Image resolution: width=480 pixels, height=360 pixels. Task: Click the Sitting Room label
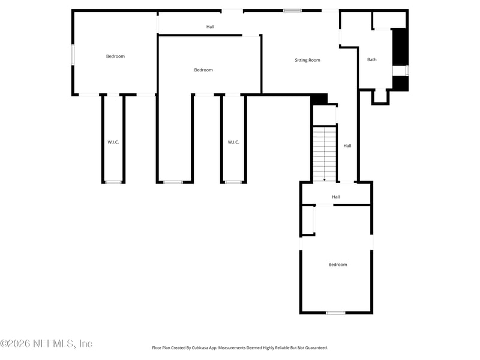coord(307,60)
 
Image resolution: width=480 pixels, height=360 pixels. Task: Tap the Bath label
coord(372,59)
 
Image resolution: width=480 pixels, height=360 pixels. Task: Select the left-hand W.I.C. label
coord(113,142)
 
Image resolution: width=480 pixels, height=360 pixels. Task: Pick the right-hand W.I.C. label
coord(233,142)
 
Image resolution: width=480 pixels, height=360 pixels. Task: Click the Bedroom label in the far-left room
coord(115,56)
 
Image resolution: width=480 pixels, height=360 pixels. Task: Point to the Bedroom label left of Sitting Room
coord(203,70)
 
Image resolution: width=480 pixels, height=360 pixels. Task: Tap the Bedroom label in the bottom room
coord(337,265)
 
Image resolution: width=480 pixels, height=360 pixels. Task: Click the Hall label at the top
coord(210,27)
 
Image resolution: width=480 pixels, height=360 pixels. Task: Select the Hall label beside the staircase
coord(347,146)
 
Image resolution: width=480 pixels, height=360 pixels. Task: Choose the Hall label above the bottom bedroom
coord(336,197)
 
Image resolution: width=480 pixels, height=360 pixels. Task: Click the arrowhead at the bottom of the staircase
coord(325,179)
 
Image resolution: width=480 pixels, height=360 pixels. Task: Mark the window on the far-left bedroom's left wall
coord(73,55)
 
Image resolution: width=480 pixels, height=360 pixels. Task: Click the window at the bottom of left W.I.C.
coord(113,182)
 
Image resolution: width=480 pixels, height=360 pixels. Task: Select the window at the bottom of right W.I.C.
coord(233,182)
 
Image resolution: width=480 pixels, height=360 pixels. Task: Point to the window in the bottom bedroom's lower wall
coord(335,313)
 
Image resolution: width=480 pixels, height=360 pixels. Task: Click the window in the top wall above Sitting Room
coord(292,10)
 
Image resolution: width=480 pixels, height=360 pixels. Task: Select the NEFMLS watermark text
coord(46,344)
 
